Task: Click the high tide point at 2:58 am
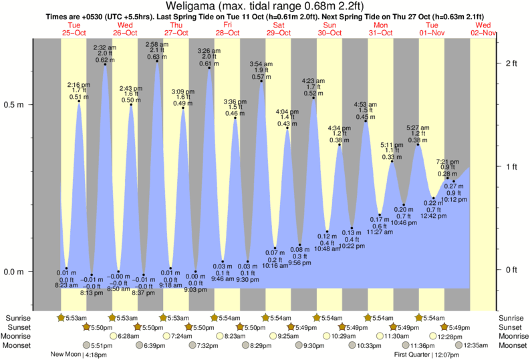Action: (157, 62)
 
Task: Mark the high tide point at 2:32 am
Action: (105, 65)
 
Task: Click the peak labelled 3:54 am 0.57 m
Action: (261, 81)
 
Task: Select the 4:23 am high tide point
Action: (313, 98)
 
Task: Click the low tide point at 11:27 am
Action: (379, 214)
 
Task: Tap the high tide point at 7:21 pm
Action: (448, 178)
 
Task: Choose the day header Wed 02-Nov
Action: (483, 29)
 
